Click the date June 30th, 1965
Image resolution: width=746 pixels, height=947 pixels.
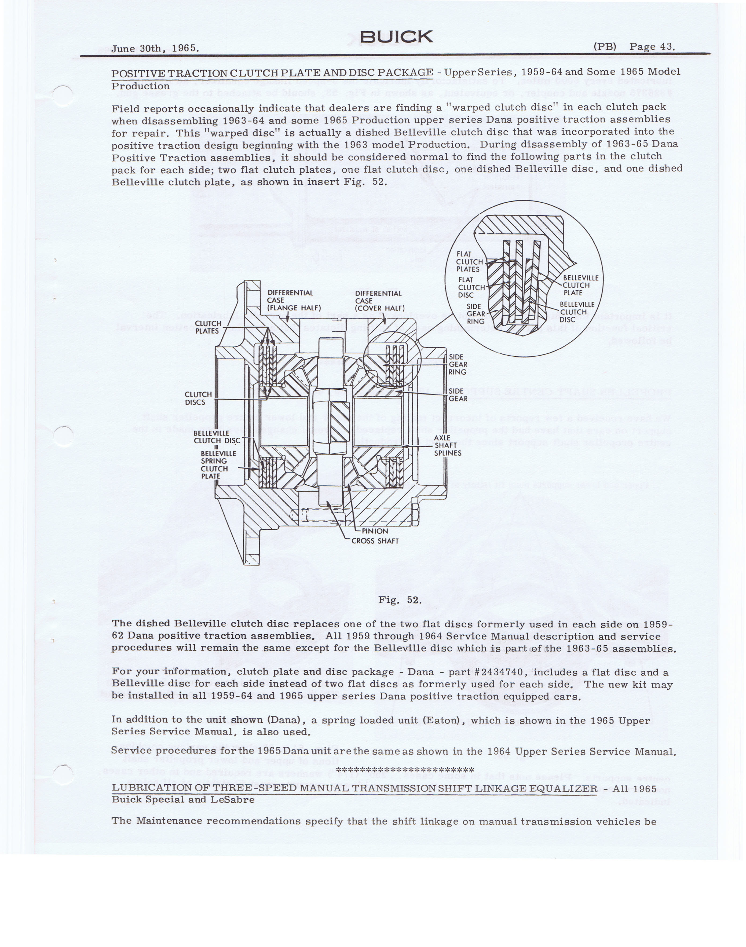(155, 49)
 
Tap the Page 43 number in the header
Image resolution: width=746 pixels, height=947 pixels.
(652, 47)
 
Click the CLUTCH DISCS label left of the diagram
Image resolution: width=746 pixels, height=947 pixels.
(198, 398)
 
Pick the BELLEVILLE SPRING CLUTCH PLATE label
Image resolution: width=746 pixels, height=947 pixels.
(218, 465)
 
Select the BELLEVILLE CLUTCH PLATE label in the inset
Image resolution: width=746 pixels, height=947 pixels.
(580, 285)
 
